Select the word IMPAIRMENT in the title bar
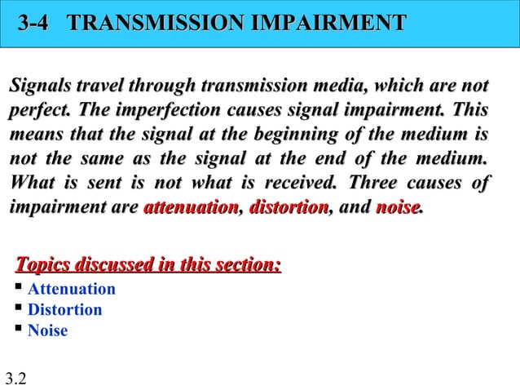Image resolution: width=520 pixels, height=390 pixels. pyautogui.click(x=328, y=23)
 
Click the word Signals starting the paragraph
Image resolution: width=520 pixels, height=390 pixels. pyautogui.click(x=38, y=86)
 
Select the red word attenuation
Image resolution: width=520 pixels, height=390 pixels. pyautogui.click(x=190, y=208)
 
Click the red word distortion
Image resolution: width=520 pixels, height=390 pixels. pyautogui.click(x=288, y=208)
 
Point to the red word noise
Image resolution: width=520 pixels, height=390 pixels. pyautogui.click(x=397, y=208)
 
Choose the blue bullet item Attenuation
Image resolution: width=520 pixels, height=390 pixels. pyautogui.click(x=72, y=290)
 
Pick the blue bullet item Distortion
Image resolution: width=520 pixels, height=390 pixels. pyautogui.click(x=65, y=310)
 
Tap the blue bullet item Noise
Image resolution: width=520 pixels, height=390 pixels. pyautogui.click(x=48, y=331)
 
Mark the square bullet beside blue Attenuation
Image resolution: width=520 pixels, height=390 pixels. pyautogui.click(x=18, y=289)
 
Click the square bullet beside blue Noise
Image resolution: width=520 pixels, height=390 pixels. pyautogui.click(x=18, y=330)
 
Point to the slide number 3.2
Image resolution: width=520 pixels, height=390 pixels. pyautogui.click(x=15, y=378)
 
